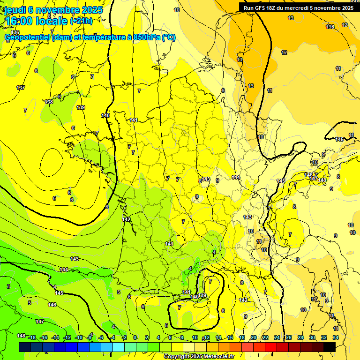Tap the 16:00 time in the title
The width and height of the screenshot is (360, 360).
[18, 21]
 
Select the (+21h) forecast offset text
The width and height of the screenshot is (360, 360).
[81, 21]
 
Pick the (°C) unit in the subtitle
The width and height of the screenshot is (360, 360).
[169, 37]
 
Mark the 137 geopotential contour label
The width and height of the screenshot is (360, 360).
[21, 88]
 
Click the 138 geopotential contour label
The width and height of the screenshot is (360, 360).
[49, 102]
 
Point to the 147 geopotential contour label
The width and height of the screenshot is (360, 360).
[40, 322]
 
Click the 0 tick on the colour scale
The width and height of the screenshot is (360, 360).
[135, 338]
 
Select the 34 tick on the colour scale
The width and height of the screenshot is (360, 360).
[336, 338]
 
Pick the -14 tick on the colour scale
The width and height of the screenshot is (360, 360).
[55, 338]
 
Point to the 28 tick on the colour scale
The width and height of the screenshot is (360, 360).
[300, 338]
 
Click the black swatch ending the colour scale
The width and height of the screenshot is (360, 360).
[330, 346]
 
